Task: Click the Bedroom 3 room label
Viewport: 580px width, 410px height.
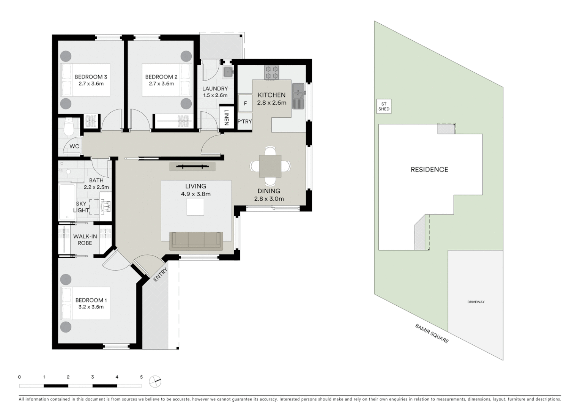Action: click(91, 77)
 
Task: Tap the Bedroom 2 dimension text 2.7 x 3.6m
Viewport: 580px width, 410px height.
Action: click(161, 84)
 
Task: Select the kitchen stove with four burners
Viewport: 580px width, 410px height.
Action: click(272, 73)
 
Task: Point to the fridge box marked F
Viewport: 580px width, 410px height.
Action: click(245, 103)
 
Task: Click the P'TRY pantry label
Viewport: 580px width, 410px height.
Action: click(244, 121)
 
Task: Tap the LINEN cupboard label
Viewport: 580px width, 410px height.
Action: click(227, 117)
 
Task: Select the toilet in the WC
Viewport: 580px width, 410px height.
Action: click(69, 127)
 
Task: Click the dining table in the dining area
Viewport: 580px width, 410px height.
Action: click(270, 166)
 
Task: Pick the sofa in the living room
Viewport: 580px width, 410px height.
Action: click(196, 241)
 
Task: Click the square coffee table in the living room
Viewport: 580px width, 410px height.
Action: click(195, 207)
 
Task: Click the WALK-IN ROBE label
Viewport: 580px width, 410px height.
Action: click(85, 240)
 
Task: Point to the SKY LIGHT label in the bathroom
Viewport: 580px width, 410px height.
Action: click(81, 207)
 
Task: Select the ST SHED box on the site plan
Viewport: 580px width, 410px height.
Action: click(384, 106)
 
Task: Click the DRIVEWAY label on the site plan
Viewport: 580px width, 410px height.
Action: click(476, 302)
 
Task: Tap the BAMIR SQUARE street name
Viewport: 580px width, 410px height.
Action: click(432, 334)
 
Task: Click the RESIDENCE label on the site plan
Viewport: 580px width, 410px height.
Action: click(429, 170)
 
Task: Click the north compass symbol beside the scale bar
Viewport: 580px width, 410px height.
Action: click(155, 382)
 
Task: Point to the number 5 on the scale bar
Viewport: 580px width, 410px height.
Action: click(141, 377)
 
